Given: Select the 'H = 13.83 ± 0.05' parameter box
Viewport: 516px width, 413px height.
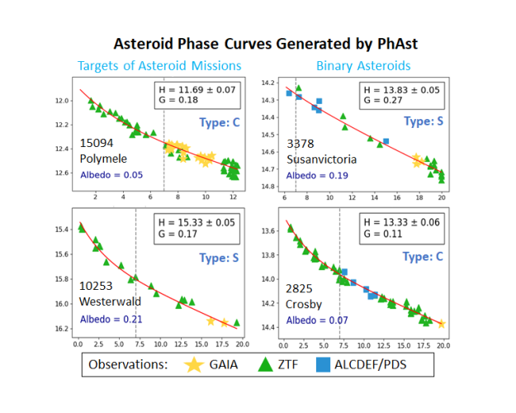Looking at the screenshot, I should pyautogui.click(x=403, y=94).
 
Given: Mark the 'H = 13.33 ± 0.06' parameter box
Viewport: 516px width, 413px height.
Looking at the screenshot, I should pyautogui.click(x=403, y=228).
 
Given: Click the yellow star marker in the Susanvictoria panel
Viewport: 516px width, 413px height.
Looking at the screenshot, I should pyautogui.click(x=417, y=159).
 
